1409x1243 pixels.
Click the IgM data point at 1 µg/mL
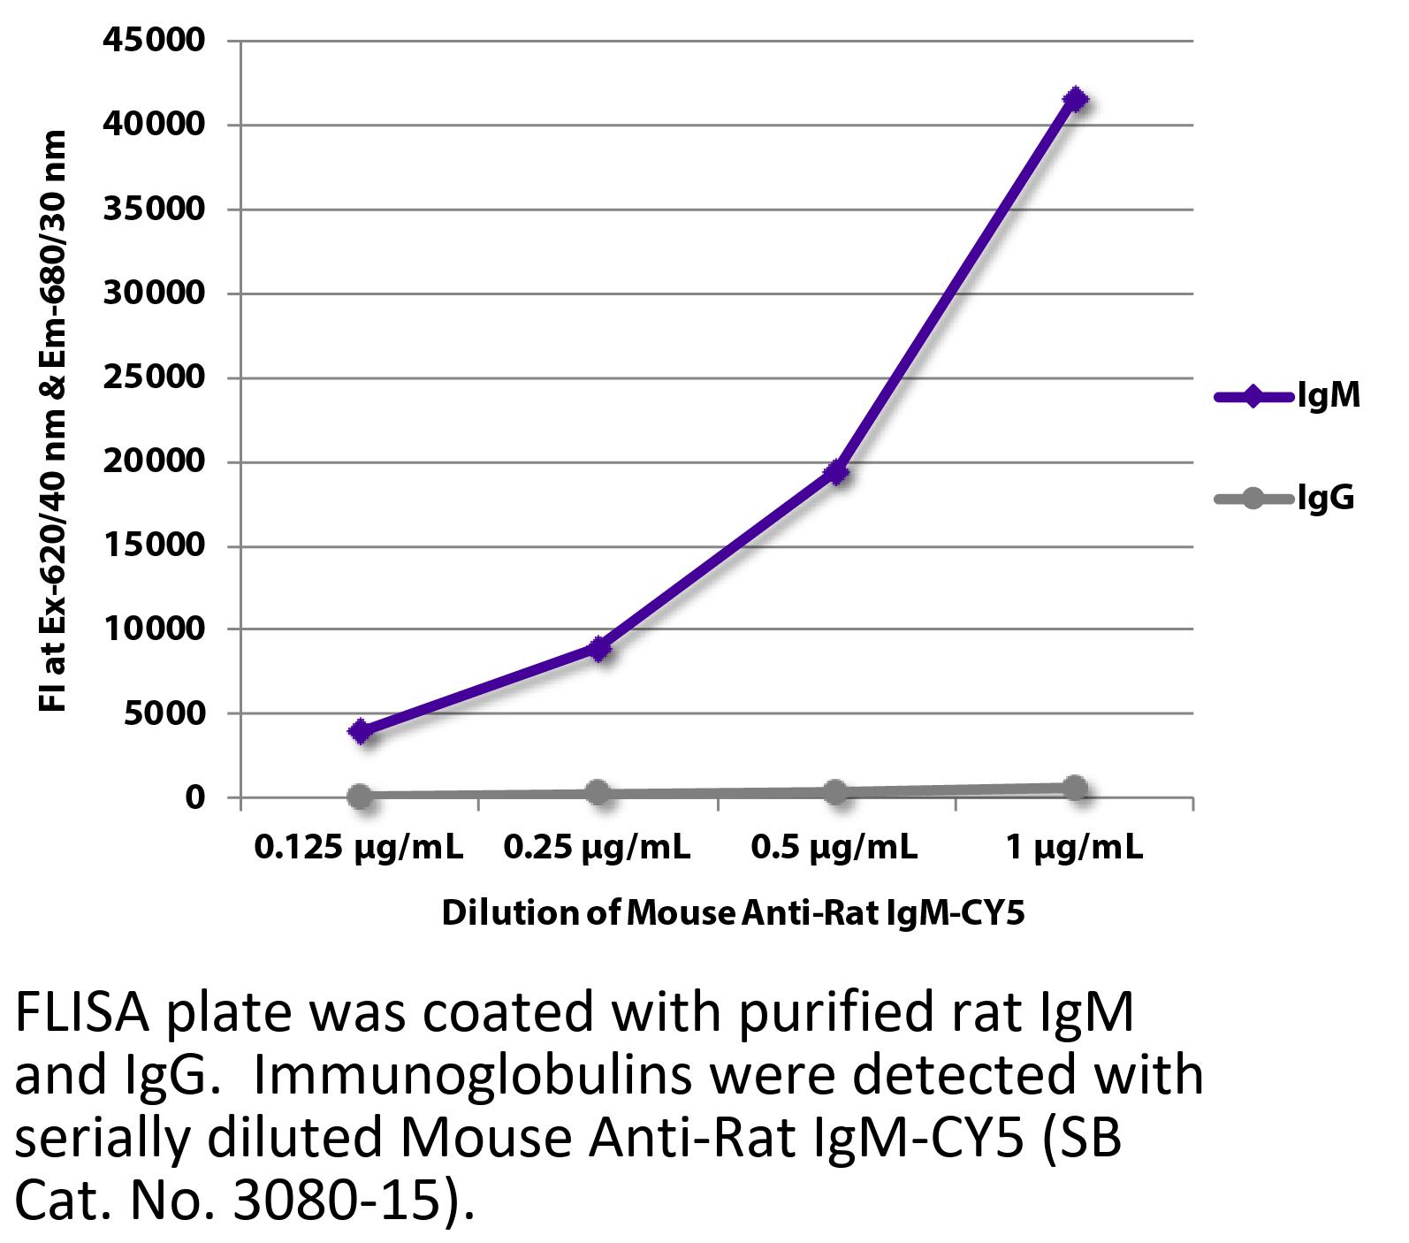1074,99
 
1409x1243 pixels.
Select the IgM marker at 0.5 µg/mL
836,473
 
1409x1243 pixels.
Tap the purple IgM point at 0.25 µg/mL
599,649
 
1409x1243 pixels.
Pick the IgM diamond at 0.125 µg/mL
360,731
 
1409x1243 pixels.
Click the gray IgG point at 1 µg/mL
1074,788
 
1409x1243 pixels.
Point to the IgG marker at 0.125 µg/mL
360,797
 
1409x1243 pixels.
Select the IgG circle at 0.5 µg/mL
835,791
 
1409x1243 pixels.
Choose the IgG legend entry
1286,499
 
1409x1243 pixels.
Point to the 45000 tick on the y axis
155,42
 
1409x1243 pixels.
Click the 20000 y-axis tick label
155,462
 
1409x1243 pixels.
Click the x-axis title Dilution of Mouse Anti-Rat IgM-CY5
733,912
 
